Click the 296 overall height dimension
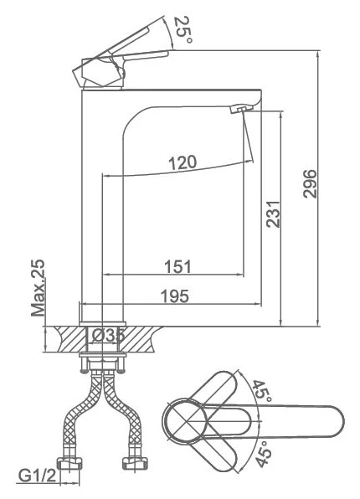(310, 184)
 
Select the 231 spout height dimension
(273, 213)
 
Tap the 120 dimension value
(183, 162)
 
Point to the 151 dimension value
(178, 267)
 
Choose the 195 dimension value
(175, 296)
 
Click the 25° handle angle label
(183, 30)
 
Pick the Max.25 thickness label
(38, 288)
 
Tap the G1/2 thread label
(37, 476)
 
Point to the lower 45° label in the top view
(264, 454)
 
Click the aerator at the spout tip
(241, 109)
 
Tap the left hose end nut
(69, 463)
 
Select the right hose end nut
(136, 463)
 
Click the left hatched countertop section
(71, 338)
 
